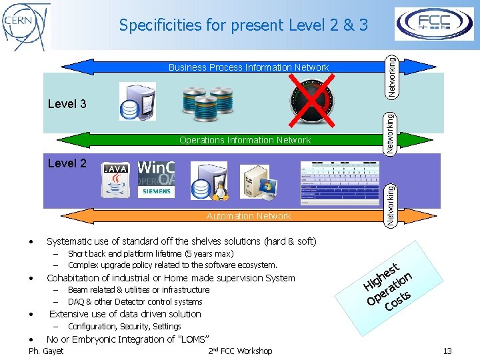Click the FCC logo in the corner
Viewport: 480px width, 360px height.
[434, 23]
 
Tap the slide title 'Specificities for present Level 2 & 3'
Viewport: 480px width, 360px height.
[243, 25]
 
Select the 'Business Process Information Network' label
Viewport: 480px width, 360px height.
[248, 67]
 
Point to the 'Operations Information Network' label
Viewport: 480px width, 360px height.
[245, 140]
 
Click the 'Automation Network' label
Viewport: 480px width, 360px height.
[248, 216]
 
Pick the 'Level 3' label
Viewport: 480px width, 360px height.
[67, 104]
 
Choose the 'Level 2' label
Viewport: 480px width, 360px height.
[67, 163]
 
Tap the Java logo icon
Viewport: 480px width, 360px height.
[116, 180]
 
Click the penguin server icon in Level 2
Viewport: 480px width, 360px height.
[209, 181]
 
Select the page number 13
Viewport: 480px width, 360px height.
[447, 351]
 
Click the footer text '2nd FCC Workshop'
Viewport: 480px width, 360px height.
[240, 351]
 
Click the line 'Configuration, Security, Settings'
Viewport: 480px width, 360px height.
[124, 327]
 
